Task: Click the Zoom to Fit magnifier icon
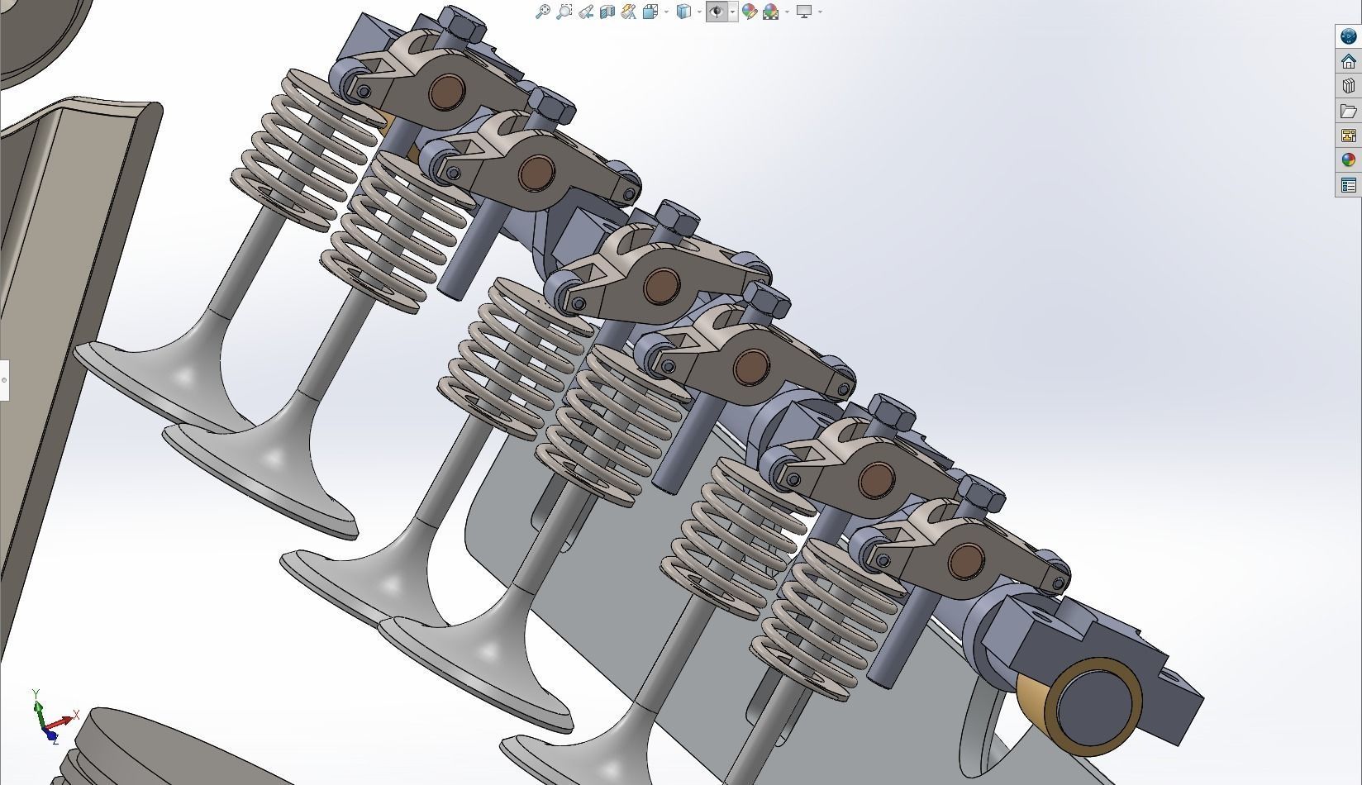click(542, 12)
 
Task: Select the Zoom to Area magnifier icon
click(564, 12)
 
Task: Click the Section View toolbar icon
click(607, 12)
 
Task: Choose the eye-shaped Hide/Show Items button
click(717, 12)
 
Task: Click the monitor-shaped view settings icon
click(804, 12)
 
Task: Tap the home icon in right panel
click(1349, 62)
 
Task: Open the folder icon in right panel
click(1349, 111)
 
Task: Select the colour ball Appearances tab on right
click(1349, 160)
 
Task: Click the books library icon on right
click(1349, 86)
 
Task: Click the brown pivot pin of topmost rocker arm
click(447, 90)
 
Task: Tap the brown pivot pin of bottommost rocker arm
click(965, 561)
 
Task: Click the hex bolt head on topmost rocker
click(463, 25)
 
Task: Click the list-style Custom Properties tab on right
click(1349, 185)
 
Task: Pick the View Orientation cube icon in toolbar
click(683, 12)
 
